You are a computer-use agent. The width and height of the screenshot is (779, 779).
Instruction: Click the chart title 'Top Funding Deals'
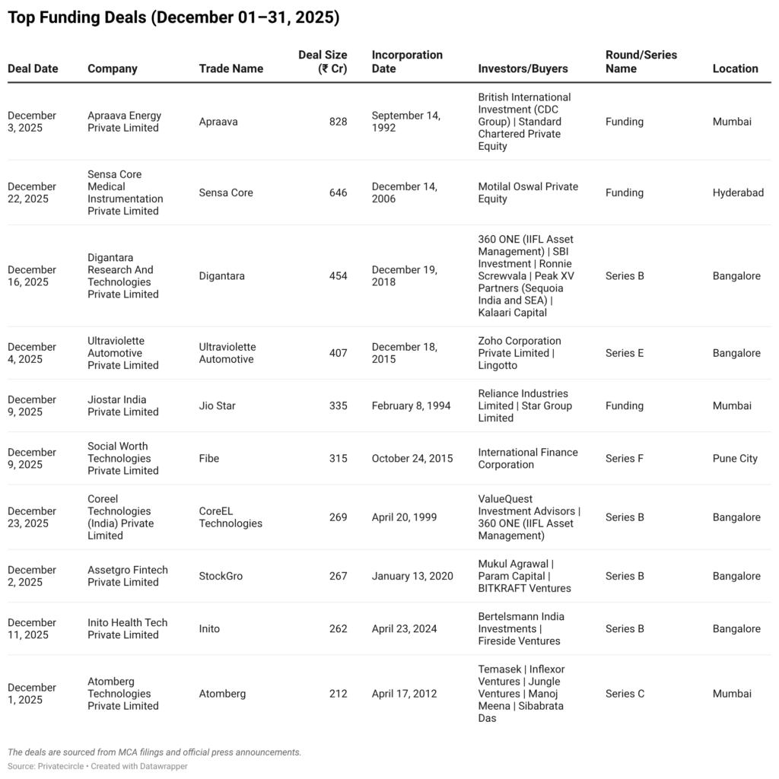[x=173, y=17]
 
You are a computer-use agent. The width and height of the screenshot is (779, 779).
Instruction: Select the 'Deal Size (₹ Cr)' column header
[x=323, y=62]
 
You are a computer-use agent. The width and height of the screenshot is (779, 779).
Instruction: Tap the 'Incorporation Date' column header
[x=407, y=62]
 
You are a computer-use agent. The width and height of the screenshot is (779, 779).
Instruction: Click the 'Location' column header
[x=735, y=68]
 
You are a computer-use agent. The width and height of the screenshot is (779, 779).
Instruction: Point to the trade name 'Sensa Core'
[x=226, y=192]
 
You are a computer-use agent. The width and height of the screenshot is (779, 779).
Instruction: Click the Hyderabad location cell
[x=738, y=192]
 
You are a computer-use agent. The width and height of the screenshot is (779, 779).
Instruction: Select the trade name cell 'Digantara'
[x=222, y=275]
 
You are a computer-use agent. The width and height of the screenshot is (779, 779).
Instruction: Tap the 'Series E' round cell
[x=625, y=353]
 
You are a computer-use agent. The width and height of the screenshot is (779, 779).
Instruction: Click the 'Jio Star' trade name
[x=218, y=405]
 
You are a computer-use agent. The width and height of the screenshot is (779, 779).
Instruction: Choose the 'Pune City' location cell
[x=735, y=458]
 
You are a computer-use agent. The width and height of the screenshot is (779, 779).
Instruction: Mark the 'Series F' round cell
[x=625, y=458]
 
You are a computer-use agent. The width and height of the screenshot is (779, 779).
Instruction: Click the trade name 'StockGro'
[x=221, y=576]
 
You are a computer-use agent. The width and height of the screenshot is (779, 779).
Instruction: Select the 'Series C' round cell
[x=625, y=693]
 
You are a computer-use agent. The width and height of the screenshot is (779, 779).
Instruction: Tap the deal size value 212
[x=338, y=693]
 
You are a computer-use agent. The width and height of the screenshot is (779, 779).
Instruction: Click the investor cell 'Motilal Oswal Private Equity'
[x=528, y=192]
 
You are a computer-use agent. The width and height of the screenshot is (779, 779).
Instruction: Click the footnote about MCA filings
[x=154, y=752]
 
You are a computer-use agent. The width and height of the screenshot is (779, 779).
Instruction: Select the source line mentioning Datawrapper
[x=97, y=766]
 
